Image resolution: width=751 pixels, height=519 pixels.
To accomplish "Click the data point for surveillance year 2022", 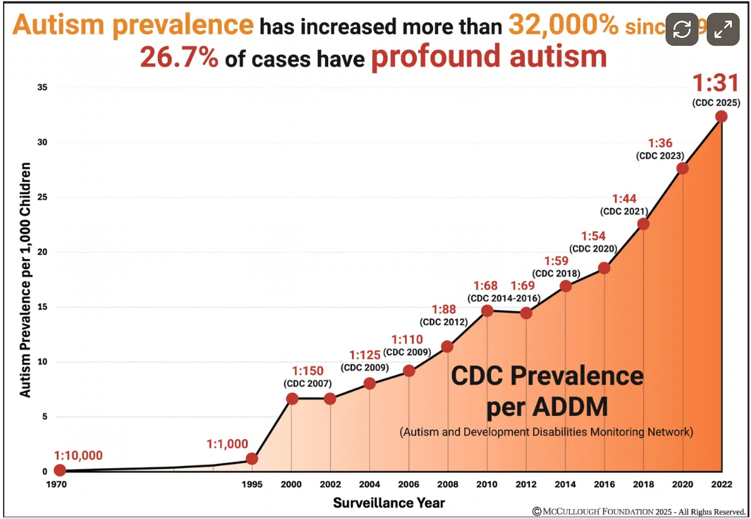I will (x=721, y=117).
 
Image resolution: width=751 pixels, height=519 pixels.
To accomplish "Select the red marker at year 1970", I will (x=60, y=470).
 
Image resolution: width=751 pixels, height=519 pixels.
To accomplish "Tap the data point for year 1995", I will (x=252, y=459).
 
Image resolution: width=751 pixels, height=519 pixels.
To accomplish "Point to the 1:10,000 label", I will (x=78, y=455).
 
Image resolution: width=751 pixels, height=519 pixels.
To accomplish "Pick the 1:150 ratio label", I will (x=307, y=371).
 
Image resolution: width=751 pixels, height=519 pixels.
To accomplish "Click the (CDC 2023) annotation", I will (x=660, y=155).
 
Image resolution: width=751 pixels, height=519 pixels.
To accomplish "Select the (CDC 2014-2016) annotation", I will (x=504, y=298).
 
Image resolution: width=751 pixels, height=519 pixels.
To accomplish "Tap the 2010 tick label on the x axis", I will (x=487, y=484).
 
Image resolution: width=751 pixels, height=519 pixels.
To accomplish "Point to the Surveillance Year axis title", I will (x=389, y=502).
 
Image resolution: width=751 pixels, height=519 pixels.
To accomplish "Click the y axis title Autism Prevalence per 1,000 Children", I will (x=25, y=279).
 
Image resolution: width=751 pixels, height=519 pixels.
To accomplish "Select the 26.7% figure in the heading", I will (x=179, y=57).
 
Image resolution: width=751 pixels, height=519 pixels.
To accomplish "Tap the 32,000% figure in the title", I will (x=563, y=25).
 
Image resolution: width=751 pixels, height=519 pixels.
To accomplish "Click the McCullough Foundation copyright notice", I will (x=639, y=511).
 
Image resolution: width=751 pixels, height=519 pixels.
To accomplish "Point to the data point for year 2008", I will (x=447, y=347).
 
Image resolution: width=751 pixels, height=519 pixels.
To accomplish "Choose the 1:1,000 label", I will (x=227, y=444).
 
